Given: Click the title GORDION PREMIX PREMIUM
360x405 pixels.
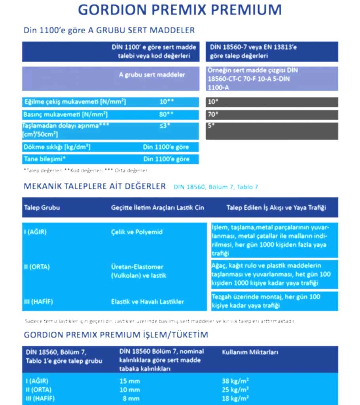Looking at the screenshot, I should point(180,9).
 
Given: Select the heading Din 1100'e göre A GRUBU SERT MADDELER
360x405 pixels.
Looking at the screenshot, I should point(109,30).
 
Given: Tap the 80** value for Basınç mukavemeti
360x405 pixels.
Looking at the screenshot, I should point(167,115).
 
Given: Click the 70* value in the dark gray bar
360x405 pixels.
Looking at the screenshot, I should point(213,115).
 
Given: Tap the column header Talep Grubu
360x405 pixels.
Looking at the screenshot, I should point(42,208).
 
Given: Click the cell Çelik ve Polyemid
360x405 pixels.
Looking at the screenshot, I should point(137,232).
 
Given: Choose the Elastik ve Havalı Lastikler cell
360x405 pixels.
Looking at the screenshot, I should point(148,301).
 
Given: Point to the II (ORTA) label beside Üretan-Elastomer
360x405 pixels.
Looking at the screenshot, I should point(37,267).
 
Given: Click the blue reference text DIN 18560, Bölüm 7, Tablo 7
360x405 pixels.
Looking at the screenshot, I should point(216,187).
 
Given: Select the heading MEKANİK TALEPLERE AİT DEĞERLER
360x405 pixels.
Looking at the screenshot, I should point(95,186).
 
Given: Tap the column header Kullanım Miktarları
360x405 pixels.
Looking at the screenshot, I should point(250,351).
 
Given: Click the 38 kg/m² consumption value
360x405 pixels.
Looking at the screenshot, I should point(235,381).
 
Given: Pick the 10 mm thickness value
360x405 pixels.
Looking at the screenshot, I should point(129,390).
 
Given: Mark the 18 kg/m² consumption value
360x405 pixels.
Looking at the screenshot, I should point(235,398).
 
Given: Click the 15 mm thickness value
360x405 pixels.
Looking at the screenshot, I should point(129,381).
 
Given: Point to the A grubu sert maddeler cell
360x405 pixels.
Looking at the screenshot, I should point(152,75).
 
